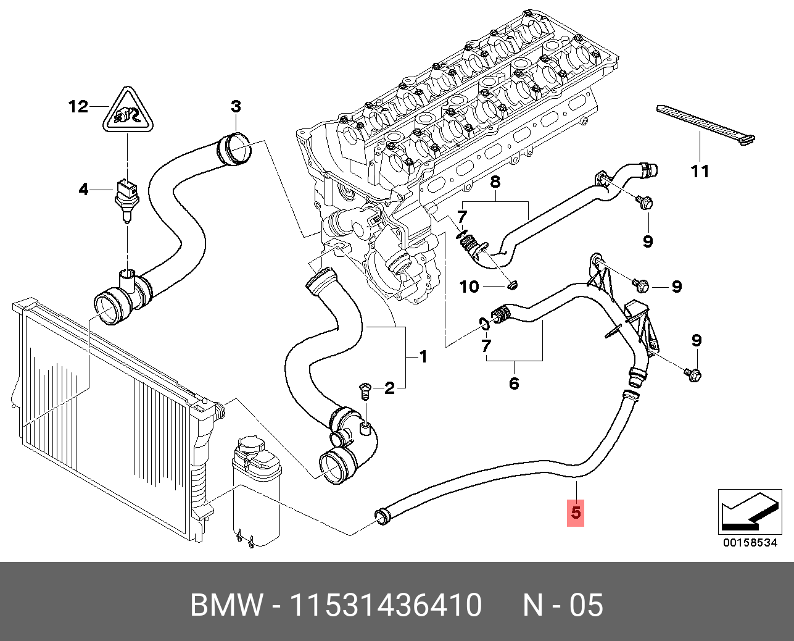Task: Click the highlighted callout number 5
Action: coord(576,513)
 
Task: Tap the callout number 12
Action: coord(78,107)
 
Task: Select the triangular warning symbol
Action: coord(128,110)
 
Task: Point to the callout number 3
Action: coord(236,106)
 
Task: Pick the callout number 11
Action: coord(700,172)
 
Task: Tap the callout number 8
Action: coord(495,182)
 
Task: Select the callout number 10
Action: coord(469,287)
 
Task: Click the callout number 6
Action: coord(514,383)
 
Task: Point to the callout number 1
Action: coord(423,357)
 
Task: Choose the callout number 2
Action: coord(390,388)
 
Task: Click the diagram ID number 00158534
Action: coord(750,543)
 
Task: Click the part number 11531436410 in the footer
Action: coord(386,605)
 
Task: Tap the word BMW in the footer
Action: coord(226,605)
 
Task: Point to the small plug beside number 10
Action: coord(513,285)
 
